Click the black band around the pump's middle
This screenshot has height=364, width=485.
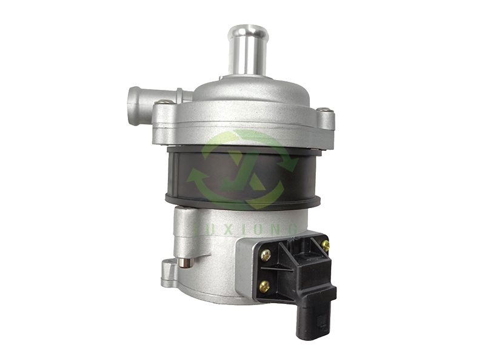click(x=182, y=176)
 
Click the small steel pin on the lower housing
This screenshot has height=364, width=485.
click(x=185, y=263)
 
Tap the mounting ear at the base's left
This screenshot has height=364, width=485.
click(x=167, y=268)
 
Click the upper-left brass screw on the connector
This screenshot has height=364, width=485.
click(x=266, y=257)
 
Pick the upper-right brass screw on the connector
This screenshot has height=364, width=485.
click(x=326, y=246)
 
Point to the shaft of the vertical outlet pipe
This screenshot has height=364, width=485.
click(x=248, y=55)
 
